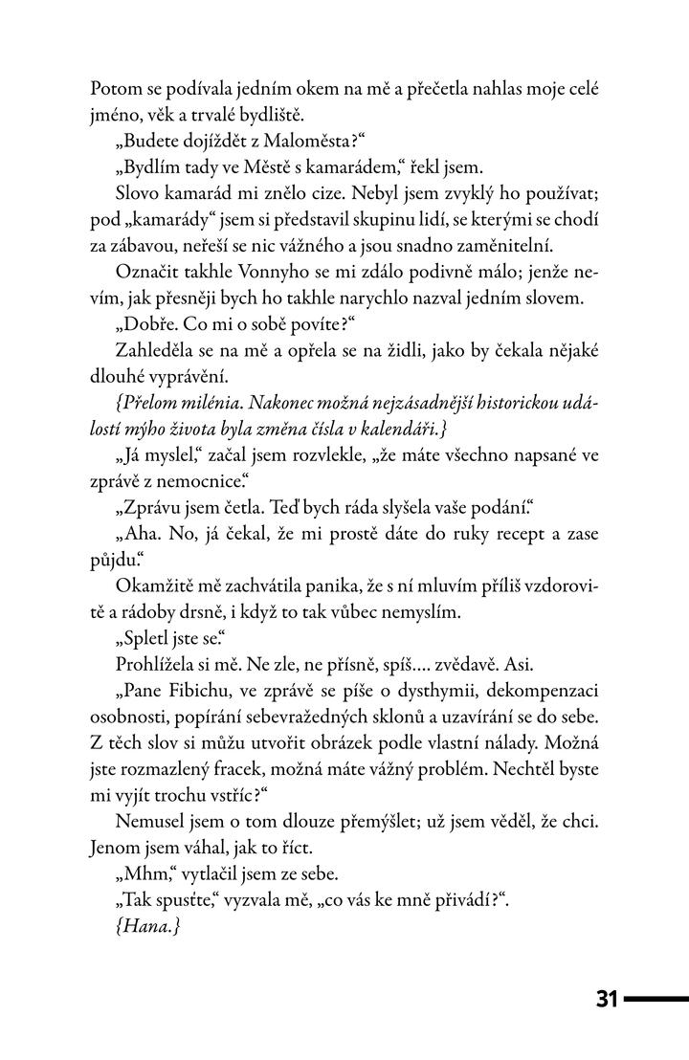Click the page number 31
pos(607,1000)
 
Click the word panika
pos(344,584)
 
